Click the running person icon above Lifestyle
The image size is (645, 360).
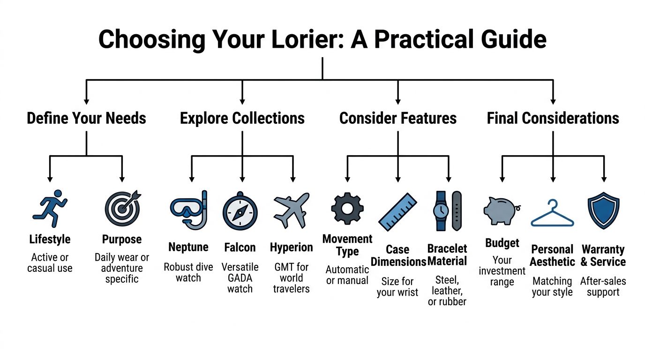click(50, 209)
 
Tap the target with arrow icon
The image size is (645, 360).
click(122, 209)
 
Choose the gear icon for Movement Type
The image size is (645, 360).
click(347, 209)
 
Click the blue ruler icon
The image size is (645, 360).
click(397, 212)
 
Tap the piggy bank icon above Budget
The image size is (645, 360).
click(502, 210)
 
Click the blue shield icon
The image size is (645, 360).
click(603, 210)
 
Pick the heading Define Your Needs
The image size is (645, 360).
click(86, 118)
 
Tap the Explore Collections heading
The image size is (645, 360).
click(242, 118)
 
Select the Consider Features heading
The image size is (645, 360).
click(398, 118)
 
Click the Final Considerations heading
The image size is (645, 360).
click(553, 118)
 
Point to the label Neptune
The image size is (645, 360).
click(188, 247)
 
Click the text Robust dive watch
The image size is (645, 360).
click(188, 272)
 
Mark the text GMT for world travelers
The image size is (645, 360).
click(291, 277)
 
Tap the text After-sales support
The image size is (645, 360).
click(603, 286)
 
